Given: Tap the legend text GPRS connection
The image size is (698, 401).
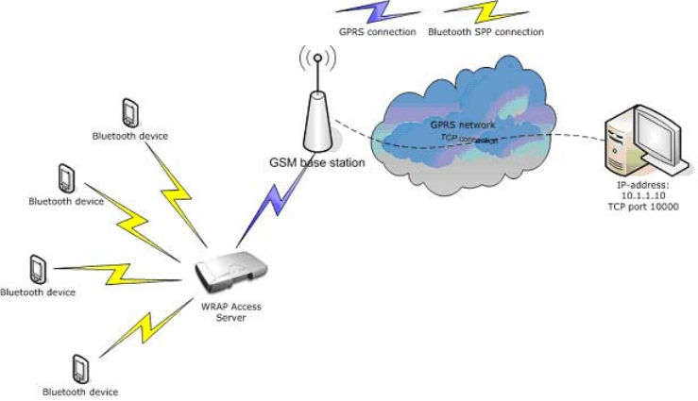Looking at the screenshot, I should click(x=378, y=31).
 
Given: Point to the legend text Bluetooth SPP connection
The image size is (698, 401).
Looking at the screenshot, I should click(x=485, y=31).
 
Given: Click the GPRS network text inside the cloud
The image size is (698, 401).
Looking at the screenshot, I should click(x=464, y=124).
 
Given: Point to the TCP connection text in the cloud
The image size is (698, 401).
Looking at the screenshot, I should click(x=469, y=139).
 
